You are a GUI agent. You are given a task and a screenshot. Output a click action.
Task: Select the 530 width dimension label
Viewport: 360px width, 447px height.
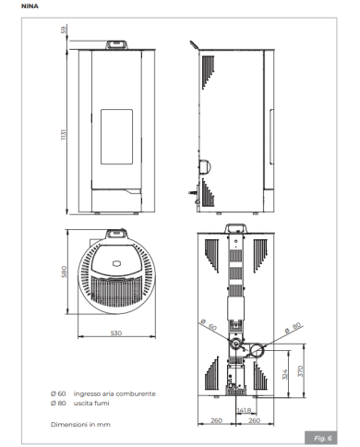[116, 332]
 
